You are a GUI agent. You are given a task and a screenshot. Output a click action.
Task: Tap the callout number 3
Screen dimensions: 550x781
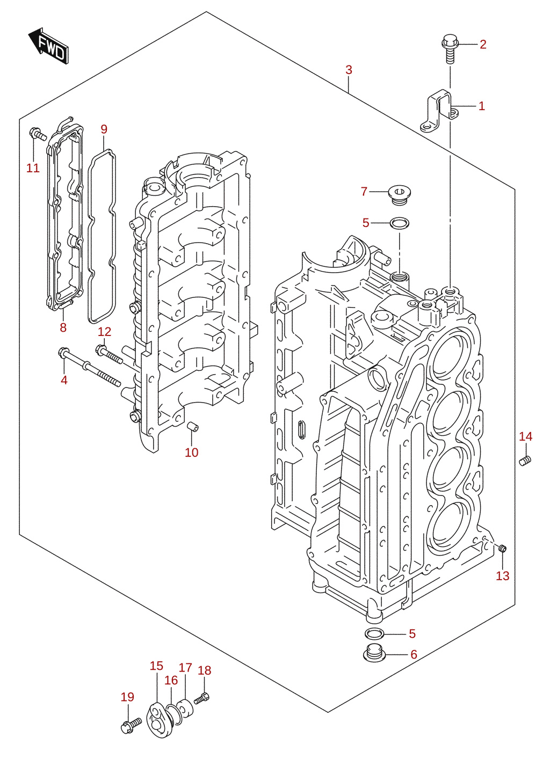(x=349, y=70)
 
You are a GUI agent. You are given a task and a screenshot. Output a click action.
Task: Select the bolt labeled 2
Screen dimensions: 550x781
(x=450, y=48)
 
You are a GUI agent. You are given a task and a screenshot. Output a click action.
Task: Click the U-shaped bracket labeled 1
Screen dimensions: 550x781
(x=439, y=112)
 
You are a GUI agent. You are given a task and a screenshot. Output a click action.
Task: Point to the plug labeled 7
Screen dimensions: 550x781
(x=400, y=195)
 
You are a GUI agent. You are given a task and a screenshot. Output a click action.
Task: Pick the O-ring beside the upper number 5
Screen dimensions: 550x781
(x=399, y=222)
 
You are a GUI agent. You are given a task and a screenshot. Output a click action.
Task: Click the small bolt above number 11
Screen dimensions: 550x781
(x=38, y=134)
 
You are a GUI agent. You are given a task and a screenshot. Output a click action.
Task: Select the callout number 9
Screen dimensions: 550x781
(x=104, y=129)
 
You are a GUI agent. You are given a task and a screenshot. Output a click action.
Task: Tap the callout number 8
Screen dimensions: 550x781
(x=63, y=327)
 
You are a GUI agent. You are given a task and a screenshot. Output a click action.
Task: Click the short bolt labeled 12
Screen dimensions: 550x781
(x=109, y=355)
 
